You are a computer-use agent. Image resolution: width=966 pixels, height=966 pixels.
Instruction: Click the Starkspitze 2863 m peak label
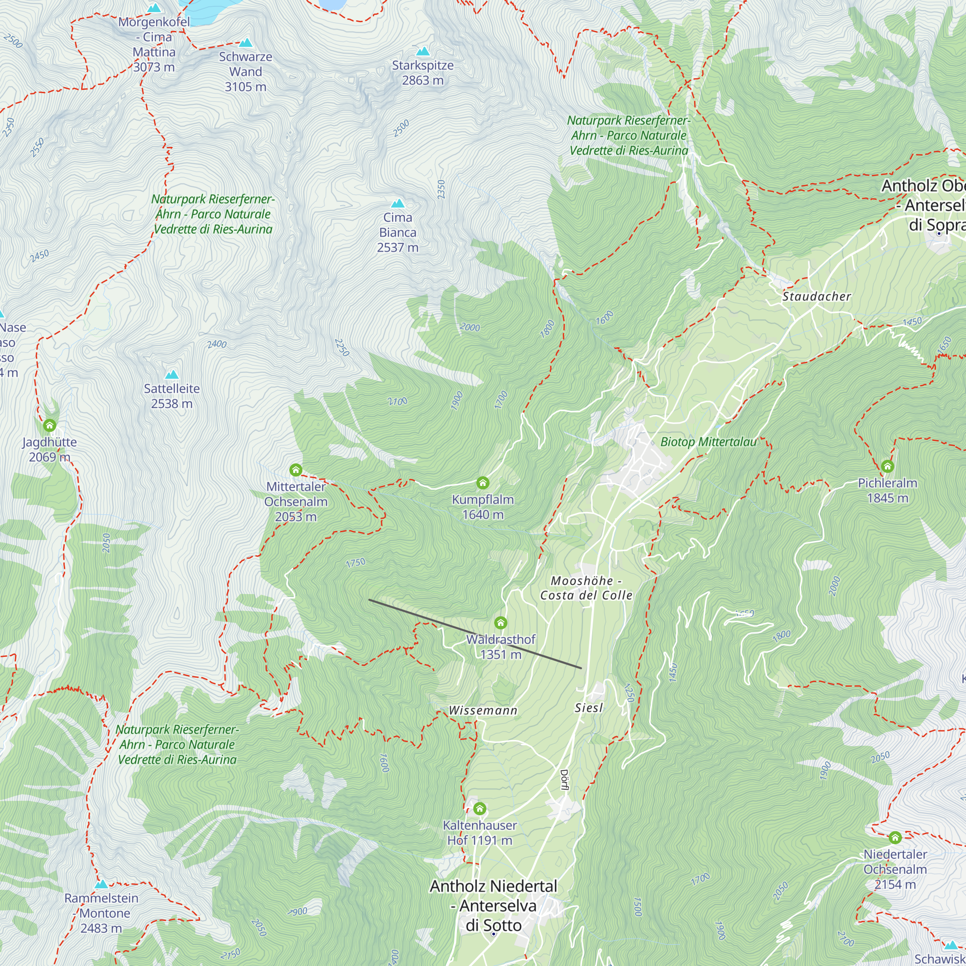pyautogui.click(x=423, y=72)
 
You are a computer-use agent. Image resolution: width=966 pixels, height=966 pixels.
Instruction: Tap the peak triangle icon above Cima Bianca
pyautogui.click(x=398, y=203)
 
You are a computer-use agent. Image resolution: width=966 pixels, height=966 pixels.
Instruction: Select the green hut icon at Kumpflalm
pyautogui.click(x=483, y=483)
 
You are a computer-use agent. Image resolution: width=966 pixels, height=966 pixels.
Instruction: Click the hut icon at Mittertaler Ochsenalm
pyautogui.click(x=296, y=469)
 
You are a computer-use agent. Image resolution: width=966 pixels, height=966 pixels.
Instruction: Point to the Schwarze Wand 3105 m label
pyautogui.click(x=245, y=71)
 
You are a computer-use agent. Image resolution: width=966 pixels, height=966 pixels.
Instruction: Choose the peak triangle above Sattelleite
pyautogui.click(x=171, y=374)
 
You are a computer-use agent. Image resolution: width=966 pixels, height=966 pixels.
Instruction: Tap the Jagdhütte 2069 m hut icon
pyautogui.click(x=49, y=426)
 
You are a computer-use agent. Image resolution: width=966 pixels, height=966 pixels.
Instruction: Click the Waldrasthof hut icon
pyautogui.click(x=500, y=623)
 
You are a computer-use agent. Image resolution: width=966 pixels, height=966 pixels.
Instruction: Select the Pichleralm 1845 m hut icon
pyautogui.click(x=887, y=466)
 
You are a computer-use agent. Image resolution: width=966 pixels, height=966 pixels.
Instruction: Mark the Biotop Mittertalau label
pyautogui.click(x=708, y=441)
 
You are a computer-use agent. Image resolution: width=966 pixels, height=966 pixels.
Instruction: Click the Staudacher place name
pyautogui.click(x=816, y=297)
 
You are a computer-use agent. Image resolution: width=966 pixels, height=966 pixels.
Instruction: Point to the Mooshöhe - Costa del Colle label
pyautogui.click(x=586, y=587)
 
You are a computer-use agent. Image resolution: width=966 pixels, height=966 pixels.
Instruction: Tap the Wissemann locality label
pyautogui.click(x=483, y=710)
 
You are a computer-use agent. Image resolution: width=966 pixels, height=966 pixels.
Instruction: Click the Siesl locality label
pyautogui.click(x=588, y=708)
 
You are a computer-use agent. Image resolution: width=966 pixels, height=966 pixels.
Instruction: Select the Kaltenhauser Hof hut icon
pyautogui.click(x=480, y=809)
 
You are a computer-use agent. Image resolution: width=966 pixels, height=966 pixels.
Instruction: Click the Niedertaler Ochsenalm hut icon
pyautogui.click(x=895, y=838)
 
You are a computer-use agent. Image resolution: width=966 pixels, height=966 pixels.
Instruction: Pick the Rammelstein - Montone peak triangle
pyautogui.click(x=101, y=884)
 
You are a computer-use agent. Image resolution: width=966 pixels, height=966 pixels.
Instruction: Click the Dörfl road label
pyautogui.click(x=564, y=780)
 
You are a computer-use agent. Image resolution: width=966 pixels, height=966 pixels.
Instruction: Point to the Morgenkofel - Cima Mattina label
pyautogui.click(x=154, y=44)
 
